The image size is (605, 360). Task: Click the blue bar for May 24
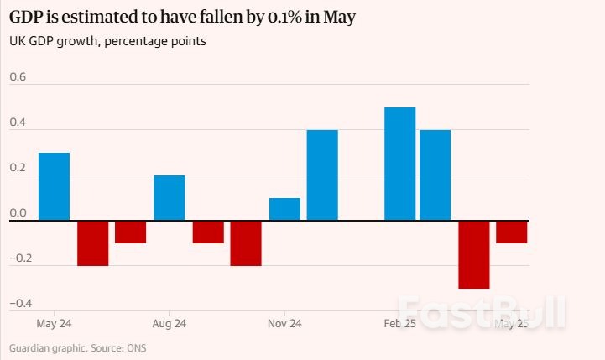[55, 186]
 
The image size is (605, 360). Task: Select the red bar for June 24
[92, 243]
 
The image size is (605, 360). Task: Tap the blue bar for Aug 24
[170, 198]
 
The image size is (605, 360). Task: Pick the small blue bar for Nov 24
[284, 210]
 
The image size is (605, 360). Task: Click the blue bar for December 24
[322, 175]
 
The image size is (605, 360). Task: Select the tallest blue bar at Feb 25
[399, 164]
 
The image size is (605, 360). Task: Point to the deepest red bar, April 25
[473, 254]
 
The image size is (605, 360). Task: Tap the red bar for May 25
[511, 232]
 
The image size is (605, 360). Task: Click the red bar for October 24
[246, 243]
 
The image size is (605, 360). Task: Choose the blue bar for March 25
[435, 175]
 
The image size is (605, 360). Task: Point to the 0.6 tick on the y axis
[18, 77]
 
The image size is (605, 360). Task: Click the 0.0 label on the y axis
[18, 213]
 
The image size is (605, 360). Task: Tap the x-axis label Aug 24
[170, 323]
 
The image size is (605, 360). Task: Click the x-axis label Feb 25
[399, 323]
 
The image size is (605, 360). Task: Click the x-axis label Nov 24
[284, 323]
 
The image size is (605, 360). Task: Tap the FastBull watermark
[482, 312]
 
